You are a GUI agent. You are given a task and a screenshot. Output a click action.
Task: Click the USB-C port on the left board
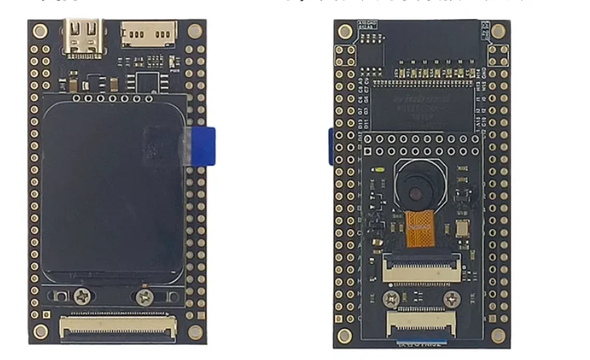coord(83,36)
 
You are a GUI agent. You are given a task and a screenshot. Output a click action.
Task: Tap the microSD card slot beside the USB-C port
coord(148,34)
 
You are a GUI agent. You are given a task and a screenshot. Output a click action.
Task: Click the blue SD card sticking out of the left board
coord(203,145)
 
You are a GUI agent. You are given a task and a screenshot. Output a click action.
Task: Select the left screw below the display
coord(82,296)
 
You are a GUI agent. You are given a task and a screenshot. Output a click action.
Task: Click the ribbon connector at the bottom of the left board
coord(119,327)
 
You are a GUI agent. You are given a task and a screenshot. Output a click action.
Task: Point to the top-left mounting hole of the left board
coord(40,31)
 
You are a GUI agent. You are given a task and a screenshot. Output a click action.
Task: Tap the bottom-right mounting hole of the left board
coord(195,331)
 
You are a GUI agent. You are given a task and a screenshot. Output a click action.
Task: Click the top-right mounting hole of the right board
coord(498,31)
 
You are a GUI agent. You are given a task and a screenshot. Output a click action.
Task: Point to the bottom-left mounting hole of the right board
coord(345,335)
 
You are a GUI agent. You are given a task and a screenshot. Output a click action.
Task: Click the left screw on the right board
coord(390,299)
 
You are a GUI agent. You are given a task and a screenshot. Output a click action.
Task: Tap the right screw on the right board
coord(452,299)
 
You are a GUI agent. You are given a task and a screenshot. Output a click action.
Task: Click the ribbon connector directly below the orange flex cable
coord(422,267)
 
